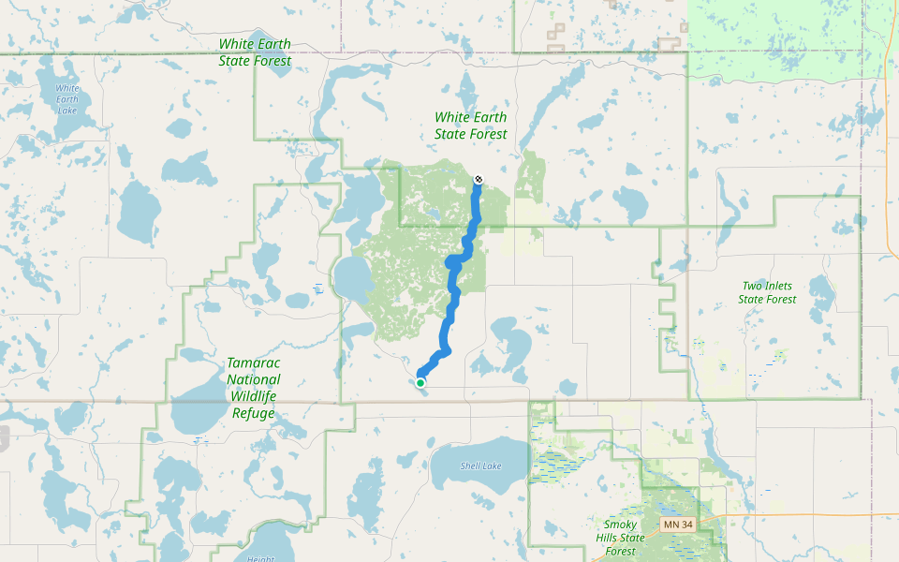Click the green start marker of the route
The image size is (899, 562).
[421, 382]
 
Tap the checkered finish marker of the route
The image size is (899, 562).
[479, 179]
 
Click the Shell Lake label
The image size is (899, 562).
[480, 466]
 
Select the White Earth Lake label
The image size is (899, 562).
[67, 98]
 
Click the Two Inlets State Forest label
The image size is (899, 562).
[767, 292]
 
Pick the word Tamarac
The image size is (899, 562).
[254, 362]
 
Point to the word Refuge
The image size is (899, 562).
[254, 413]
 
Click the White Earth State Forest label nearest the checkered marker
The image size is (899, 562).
[470, 126]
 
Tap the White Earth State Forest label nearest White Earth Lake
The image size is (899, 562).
[255, 52]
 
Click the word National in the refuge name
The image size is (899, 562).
[254, 379]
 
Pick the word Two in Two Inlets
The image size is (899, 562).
[751, 286]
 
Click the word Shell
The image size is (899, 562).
[471, 466]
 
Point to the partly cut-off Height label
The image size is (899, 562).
[261, 557]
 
